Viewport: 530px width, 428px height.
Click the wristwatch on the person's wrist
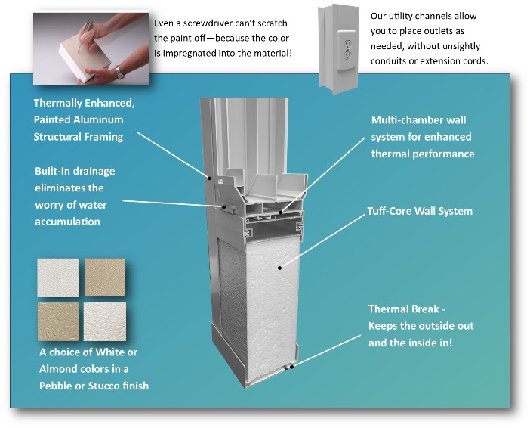pos(119,73)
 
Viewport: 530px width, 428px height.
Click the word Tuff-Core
pos(393,211)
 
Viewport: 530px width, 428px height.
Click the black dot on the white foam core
pos(279,267)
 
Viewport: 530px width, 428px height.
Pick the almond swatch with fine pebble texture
pos(105,277)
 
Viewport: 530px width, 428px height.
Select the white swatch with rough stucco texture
pos(105,321)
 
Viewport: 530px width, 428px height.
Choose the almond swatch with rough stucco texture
pos(58,321)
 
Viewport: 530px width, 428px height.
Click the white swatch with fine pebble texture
pos(58,277)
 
